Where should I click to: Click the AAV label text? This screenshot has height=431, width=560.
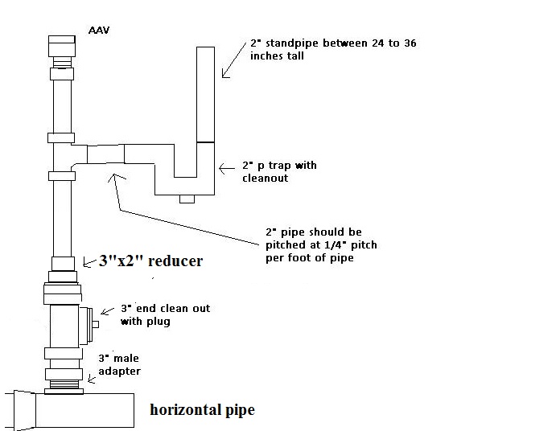tap(98, 31)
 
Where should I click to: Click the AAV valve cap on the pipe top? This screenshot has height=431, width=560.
tap(62, 46)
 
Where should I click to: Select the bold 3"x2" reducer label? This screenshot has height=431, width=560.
tap(150, 261)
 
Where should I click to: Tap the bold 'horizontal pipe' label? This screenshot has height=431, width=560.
tap(202, 410)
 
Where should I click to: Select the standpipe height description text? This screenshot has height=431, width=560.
tap(300, 50)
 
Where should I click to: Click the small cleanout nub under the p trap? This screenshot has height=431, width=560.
tap(187, 199)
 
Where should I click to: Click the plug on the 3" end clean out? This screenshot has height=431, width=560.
tap(96, 324)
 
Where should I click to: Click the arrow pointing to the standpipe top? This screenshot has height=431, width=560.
tap(233, 60)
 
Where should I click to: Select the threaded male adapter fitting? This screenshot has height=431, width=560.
tap(63, 374)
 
